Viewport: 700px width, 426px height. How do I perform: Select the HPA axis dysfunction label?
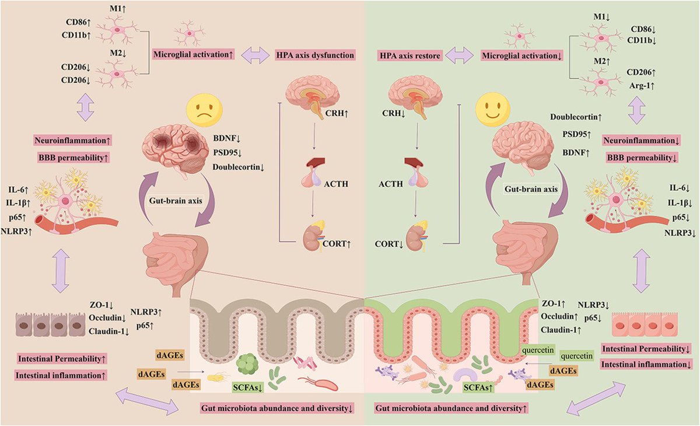tap(315, 56)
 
